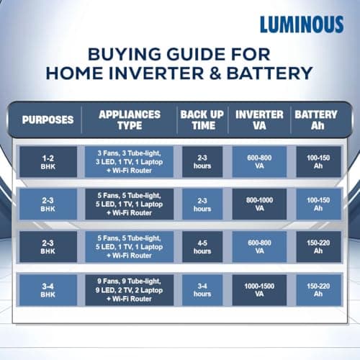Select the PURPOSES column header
coord(48,120)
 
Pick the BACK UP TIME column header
coord(202,120)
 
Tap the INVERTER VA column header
coord(259,120)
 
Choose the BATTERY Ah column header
coord(315,120)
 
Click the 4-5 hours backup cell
coord(202,246)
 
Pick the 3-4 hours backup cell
coord(202,289)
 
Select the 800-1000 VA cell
coord(259,204)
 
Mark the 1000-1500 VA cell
coord(259,289)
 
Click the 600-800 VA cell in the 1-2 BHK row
coord(259,162)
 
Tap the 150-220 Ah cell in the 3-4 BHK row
coord(315,289)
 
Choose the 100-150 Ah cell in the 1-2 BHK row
coord(315,162)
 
